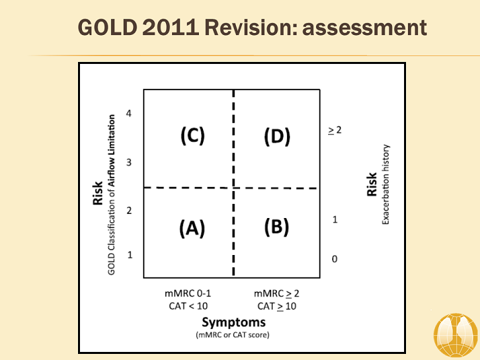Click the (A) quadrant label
pyautogui.click(x=192, y=228)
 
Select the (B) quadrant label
pyautogui.click(x=276, y=227)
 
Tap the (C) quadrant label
pyautogui.click(x=192, y=135)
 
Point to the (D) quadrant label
pyautogui.click(x=277, y=137)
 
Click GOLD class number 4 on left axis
pyautogui.click(x=128, y=113)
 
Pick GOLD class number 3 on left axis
pyautogui.click(x=129, y=162)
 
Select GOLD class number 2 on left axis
pyautogui.click(x=129, y=211)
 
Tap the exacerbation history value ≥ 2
pyautogui.click(x=335, y=131)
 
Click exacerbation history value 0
pyautogui.click(x=335, y=259)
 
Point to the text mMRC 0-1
pyautogui.click(x=188, y=293)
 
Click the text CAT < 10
pyautogui.click(x=188, y=305)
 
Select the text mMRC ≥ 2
pyautogui.click(x=276, y=293)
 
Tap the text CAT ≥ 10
pyautogui.click(x=277, y=306)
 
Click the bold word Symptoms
pyautogui.click(x=233, y=322)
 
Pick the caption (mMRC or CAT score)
pyautogui.click(x=233, y=335)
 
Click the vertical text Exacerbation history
pyautogui.click(x=386, y=184)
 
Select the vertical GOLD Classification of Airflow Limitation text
pyautogui.click(x=111, y=195)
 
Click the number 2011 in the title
pyautogui.click(x=171, y=28)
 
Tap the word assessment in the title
pyautogui.click(x=364, y=28)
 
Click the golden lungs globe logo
pyautogui.click(x=456, y=336)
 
